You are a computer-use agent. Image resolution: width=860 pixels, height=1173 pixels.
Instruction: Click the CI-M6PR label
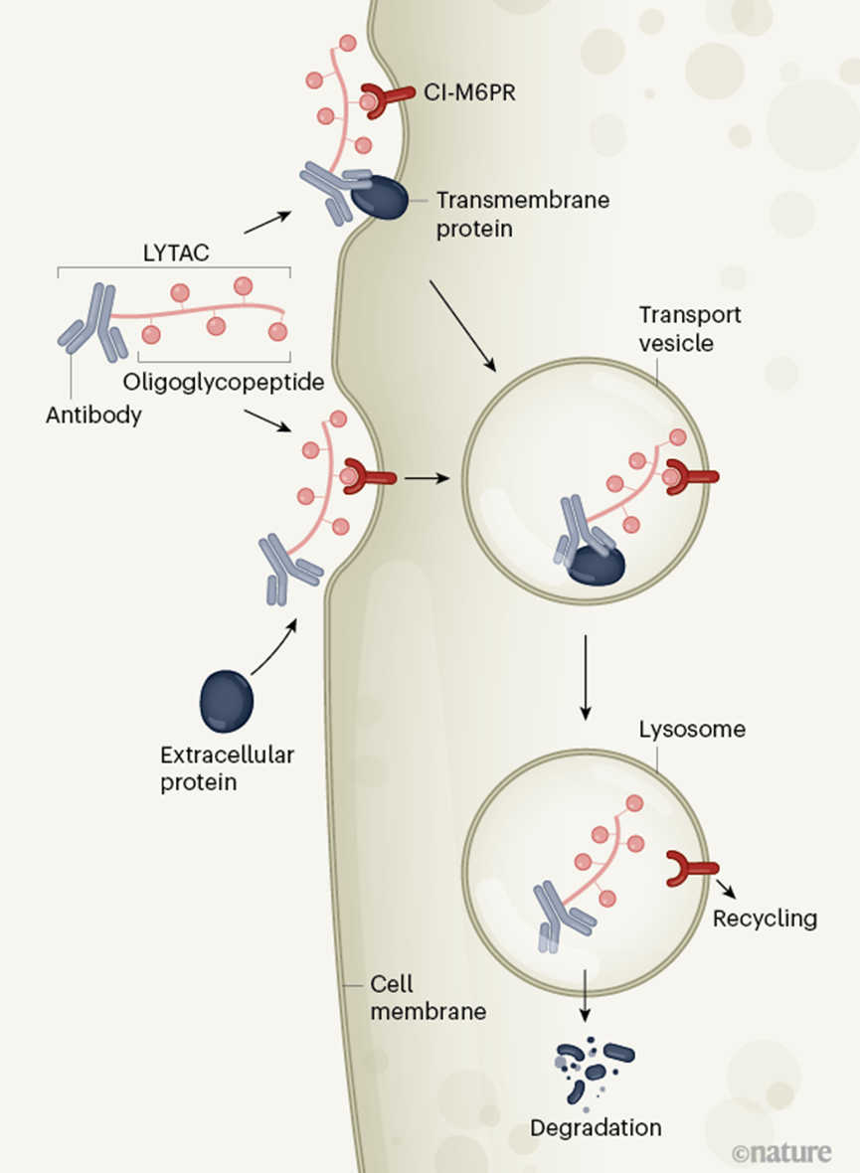coord(469,92)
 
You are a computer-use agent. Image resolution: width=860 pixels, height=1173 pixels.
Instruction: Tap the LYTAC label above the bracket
coord(176,252)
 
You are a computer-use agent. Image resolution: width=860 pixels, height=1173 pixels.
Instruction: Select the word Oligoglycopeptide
coord(224,383)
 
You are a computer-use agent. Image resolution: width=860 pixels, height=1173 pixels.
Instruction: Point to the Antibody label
coord(93,415)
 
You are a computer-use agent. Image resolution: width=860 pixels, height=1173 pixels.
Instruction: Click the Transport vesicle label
coord(689,329)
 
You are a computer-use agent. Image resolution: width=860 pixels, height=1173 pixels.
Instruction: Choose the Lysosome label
coord(692,730)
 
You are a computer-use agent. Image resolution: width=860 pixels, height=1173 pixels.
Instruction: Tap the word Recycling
coord(765,919)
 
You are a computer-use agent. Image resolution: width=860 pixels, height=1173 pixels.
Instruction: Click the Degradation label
coord(596,1127)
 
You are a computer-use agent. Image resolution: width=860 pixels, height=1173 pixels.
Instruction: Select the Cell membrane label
coord(429,998)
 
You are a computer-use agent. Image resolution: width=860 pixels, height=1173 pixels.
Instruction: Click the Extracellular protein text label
coord(228,768)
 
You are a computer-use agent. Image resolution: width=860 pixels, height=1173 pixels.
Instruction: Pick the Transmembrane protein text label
coord(522,214)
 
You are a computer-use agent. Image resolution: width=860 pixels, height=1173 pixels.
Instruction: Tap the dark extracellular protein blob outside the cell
coord(226,702)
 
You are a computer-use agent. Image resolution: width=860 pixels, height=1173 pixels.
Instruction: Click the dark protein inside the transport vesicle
coord(597,565)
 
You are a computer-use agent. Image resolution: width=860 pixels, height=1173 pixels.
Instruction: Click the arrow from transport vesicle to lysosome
coord(586,678)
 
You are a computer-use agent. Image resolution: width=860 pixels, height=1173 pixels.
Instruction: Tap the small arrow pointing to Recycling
coord(725,888)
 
